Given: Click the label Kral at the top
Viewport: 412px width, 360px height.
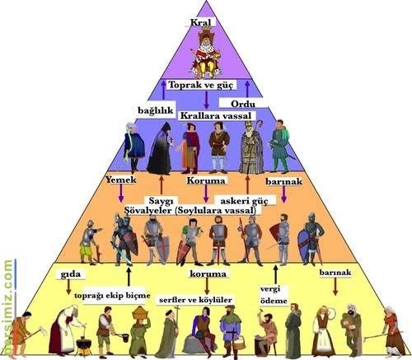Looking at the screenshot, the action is [x=201, y=22].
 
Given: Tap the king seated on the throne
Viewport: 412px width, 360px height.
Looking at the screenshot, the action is [x=205, y=55].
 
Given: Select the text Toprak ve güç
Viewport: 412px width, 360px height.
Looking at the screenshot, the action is [x=201, y=85].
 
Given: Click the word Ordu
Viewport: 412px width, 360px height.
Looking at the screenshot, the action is [x=243, y=104].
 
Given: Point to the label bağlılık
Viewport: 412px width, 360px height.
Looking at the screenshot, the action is [x=156, y=110].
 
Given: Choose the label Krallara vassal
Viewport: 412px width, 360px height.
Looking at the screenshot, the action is [x=216, y=115].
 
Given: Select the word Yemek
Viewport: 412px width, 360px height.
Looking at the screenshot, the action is [x=121, y=180].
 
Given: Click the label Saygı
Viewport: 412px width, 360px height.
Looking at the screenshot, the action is [x=161, y=201].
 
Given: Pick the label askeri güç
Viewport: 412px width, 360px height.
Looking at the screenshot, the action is [x=244, y=201].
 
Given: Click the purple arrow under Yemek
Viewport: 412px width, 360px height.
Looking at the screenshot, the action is [x=120, y=194].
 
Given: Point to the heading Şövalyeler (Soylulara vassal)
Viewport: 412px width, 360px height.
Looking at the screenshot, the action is [x=190, y=211].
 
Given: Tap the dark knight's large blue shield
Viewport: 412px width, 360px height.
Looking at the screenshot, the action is [x=305, y=246].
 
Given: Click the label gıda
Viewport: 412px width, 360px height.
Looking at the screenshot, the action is [x=71, y=274].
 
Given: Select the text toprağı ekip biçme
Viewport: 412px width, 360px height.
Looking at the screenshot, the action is [x=112, y=296].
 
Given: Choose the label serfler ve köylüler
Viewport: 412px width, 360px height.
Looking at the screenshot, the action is [x=195, y=300].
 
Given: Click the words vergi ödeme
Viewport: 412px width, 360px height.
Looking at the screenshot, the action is [x=274, y=295].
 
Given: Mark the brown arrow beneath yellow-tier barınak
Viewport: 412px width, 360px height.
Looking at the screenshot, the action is [x=335, y=287].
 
